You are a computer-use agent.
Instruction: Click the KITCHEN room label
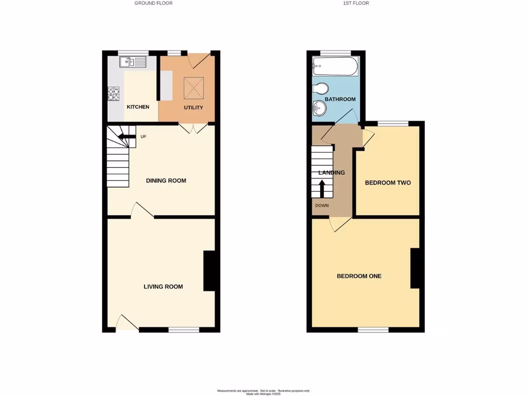coord(138,107)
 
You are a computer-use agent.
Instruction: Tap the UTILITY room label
coord(193,108)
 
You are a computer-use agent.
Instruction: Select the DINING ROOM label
coord(166,181)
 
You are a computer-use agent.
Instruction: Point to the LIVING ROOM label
coord(163,287)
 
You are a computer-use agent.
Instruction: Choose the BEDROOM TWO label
coord(388,183)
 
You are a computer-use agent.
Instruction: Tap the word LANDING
coord(331,173)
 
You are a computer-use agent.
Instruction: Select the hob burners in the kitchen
coord(113,94)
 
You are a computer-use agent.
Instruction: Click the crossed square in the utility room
coord(194,88)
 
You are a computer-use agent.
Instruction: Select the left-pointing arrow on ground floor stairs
coord(124,137)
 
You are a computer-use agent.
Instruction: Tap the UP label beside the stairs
coord(143,137)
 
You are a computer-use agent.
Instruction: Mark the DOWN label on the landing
coord(321,205)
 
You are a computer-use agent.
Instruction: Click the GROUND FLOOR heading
coord(154,3)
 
